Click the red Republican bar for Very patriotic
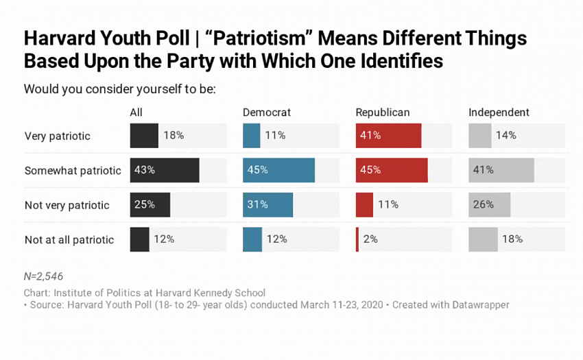tap(388, 136)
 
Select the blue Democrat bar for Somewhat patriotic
tap(278, 170)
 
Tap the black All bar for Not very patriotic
tap(150, 204)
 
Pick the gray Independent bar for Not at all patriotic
tap(483, 239)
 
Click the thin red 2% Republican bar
tap(357, 239)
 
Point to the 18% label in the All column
tap(174, 136)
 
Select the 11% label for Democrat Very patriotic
tap(275, 136)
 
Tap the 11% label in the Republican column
tap(388, 204)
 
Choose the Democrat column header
tap(267, 112)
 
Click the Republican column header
tap(382, 112)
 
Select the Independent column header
tap(499, 112)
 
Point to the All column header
tap(136, 112)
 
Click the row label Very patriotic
tap(57, 136)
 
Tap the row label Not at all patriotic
tap(69, 240)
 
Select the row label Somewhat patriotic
tap(73, 170)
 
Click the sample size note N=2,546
tap(43, 276)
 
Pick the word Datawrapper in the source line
tap(479, 304)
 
